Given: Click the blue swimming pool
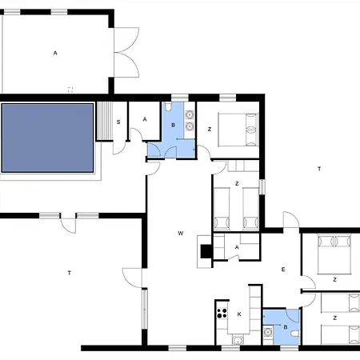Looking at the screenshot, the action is tap(47, 138).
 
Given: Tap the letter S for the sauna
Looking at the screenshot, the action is tap(118, 122).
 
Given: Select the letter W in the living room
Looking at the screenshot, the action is tap(181, 234).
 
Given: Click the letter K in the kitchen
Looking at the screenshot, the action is tap(239, 314).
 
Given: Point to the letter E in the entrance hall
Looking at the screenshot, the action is tap(283, 270).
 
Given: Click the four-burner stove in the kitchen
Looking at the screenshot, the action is tap(222, 313).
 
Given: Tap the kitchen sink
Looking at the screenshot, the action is tap(238, 340).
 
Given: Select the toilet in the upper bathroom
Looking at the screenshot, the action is tap(168, 106).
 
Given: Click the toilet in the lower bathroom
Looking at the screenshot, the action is tap(296, 334).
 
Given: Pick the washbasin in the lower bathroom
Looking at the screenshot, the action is tap(267, 332).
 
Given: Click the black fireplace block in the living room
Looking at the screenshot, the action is tap(206, 251).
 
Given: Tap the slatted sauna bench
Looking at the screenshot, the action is tap(104, 121).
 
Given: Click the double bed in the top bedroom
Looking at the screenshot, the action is tap(238, 130).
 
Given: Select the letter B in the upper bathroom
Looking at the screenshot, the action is tap(174, 125).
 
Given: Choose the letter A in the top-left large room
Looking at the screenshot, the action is tap(55, 53).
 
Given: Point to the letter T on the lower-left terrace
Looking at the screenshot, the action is tap(70, 273).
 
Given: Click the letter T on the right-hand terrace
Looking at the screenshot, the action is tap(319, 169).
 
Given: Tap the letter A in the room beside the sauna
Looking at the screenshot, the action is tap(145, 119).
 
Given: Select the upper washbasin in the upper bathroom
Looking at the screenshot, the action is tap(190, 115).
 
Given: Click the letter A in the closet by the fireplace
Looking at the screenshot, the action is tap(237, 247).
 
